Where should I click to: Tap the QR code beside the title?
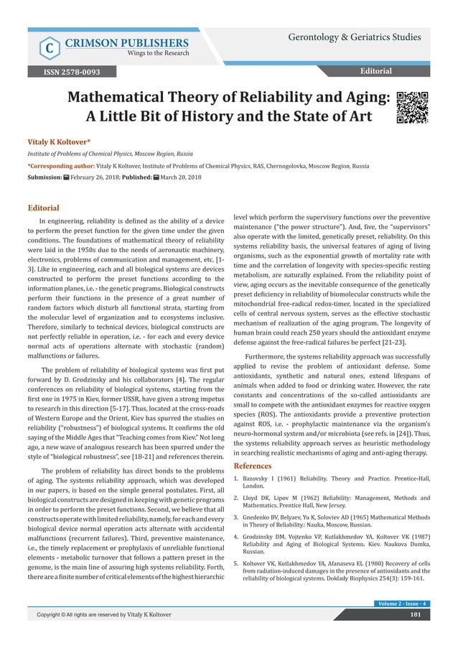[412, 108]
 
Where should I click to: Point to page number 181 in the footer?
[415, 634]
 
